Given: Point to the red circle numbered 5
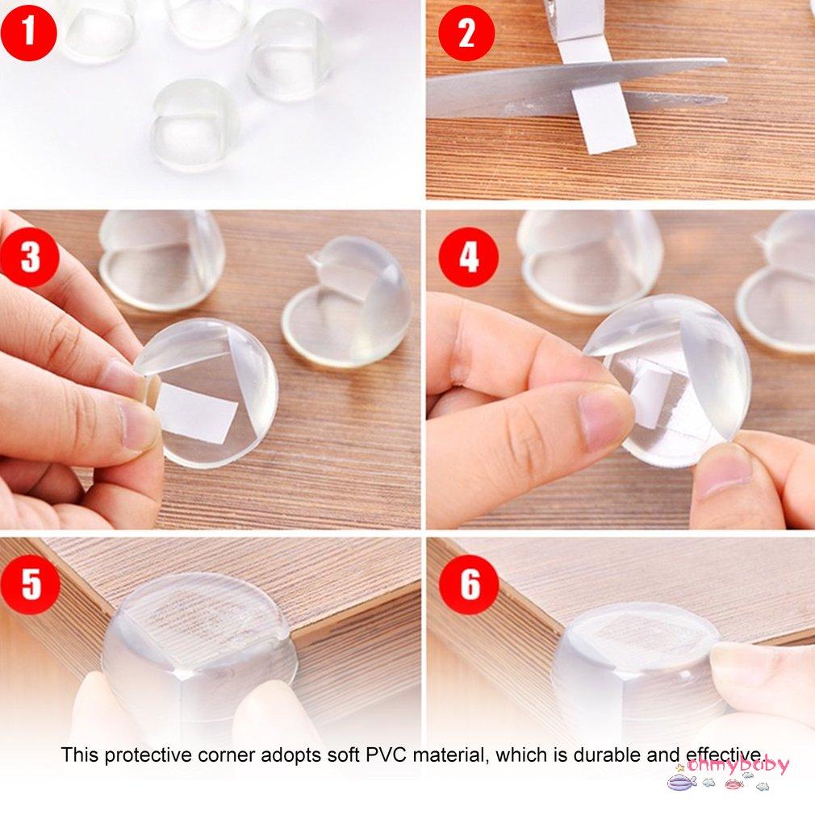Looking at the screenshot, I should coord(30,583).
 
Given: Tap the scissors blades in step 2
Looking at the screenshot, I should coord(565,85).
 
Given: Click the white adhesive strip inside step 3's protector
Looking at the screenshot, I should coord(195,413).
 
